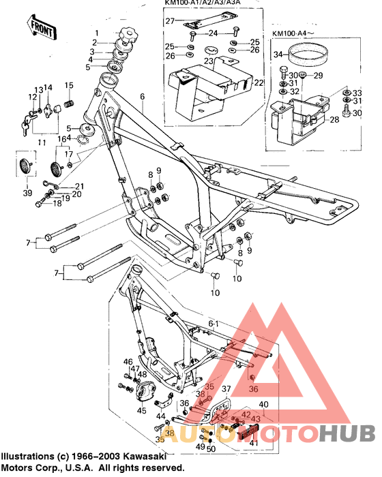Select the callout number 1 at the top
point(96,33)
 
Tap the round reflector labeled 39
point(27,166)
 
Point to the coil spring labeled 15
point(68,106)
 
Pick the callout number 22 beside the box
point(259,83)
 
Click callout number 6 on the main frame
point(143,97)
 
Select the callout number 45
point(141,410)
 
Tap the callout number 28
point(335,119)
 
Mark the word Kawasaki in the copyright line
point(141,456)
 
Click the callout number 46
point(128,361)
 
